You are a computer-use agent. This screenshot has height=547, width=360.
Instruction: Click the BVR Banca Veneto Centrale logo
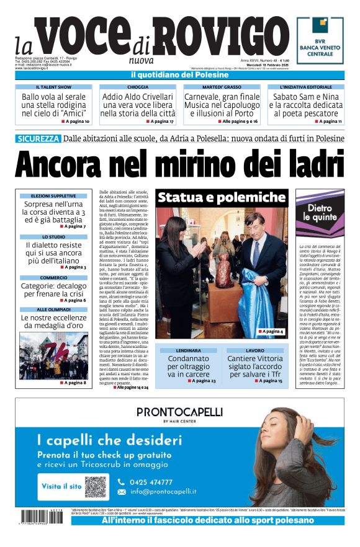pos(320,40)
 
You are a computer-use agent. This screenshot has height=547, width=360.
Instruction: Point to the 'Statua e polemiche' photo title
pos(221,198)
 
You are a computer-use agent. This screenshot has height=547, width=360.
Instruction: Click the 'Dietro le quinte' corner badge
pos(323,213)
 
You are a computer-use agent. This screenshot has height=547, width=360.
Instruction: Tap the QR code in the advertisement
pos(96,486)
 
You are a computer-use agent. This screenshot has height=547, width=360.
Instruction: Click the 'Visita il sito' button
pos(61,486)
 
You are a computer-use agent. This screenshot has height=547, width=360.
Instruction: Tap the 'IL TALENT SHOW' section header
pos(53,87)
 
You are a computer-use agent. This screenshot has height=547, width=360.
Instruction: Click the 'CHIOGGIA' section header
pos(137,87)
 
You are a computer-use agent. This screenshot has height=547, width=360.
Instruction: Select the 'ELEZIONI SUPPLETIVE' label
pos(53,196)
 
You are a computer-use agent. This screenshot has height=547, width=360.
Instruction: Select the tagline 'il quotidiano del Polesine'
pos(179,75)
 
